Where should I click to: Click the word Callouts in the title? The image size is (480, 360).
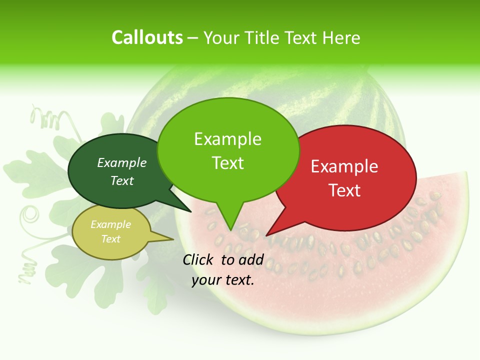click(x=147, y=37)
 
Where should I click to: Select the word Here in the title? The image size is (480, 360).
click(x=340, y=37)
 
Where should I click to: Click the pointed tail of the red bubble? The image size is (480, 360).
click(x=272, y=230)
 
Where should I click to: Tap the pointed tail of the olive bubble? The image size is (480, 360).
click(x=167, y=239)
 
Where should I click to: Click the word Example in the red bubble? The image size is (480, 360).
click(x=344, y=166)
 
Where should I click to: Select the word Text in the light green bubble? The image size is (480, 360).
click(x=228, y=163)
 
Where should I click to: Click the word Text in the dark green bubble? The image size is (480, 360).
click(x=122, y=180)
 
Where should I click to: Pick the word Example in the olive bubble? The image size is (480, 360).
click(x=111, y=224)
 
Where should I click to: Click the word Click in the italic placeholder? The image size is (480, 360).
click(x=198, y=259)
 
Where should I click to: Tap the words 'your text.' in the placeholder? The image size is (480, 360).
click(x=223, y=280)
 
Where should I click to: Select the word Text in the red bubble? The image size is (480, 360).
click(x=344, y=190)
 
